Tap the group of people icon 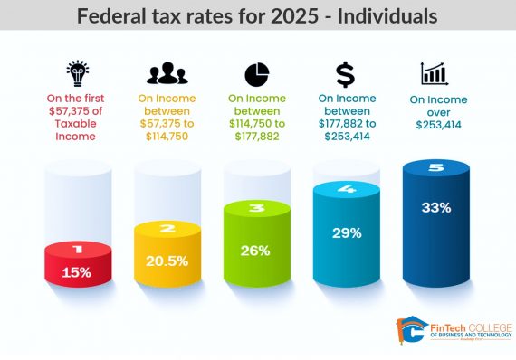coord(167,73)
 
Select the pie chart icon coord(256,73)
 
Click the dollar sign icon coord(345,73)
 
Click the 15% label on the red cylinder coord(78,271)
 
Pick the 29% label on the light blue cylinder coord(346,232)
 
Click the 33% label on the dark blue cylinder coord(435,207)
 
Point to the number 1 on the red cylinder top coord(78,248)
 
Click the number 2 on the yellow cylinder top coord(167,229)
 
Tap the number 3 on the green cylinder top coord(256,209)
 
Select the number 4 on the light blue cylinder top coord(346,189)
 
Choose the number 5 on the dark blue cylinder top coord(435,167)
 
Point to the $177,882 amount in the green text coord(256,137)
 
